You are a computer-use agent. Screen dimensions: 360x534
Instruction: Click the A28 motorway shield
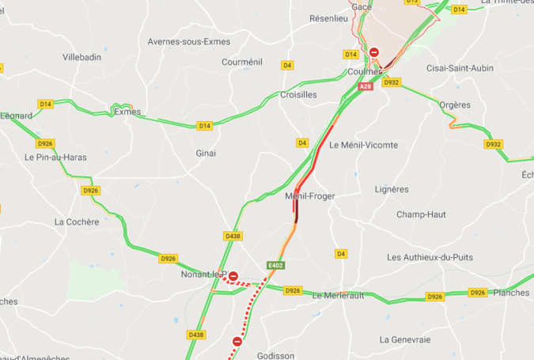click(365, 86)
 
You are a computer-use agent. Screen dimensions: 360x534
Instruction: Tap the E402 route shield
click(275, 264)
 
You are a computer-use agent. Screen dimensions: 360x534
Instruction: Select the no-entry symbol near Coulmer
click(374, 53)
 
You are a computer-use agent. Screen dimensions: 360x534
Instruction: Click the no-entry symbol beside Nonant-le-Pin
click(233, 276)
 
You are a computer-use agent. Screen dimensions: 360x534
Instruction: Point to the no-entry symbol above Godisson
click(237, 341)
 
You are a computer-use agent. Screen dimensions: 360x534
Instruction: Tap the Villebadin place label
click(83, 58)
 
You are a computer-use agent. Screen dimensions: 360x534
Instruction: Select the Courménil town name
click(242, 62)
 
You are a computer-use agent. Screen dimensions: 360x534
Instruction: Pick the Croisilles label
click(298, 94)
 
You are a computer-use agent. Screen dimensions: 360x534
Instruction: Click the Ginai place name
click(206, 153)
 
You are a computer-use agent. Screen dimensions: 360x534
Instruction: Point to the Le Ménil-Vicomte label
click(363, 145)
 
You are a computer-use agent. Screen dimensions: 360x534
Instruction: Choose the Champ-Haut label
click(421, 214)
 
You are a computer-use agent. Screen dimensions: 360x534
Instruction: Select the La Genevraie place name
click(405, 339)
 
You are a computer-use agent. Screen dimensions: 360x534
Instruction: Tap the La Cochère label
click(77, 222)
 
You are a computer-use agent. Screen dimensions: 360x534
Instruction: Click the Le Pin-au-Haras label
click(55, 157)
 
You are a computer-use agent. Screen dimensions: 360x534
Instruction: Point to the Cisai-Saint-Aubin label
click(460, 68)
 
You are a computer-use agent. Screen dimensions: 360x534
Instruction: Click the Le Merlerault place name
click(342, 296)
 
